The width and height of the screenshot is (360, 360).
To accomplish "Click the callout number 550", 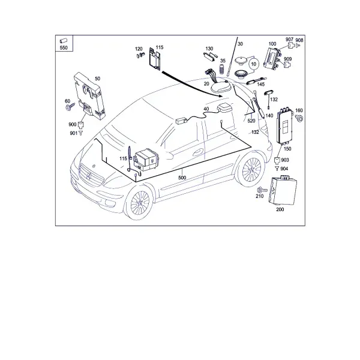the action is click(64, 48).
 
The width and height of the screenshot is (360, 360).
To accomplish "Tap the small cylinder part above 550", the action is click(63, 41).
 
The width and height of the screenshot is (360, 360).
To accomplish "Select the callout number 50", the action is click(98, 79).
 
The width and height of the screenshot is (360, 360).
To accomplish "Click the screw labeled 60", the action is click(70, 106).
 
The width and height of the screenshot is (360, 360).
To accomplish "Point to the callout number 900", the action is click(73, 124).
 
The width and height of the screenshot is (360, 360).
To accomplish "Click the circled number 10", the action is click(253, 64).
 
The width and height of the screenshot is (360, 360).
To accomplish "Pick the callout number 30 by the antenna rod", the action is click(240, 44).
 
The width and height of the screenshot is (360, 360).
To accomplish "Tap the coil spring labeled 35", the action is click(222, 69).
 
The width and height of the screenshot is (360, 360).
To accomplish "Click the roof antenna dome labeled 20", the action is click(220, 86).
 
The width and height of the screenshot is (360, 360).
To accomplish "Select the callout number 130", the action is click(209, 49).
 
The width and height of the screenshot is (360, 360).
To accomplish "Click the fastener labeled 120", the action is click(140, 55).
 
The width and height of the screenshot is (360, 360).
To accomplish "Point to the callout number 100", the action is click(272, 44).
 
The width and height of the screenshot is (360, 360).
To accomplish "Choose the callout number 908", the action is click(299, 40).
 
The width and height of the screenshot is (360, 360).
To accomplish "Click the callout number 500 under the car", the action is click(182, 178).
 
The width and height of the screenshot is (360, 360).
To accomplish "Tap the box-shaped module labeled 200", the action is click(283, 190).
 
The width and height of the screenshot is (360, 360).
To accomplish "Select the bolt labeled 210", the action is click(262, 190).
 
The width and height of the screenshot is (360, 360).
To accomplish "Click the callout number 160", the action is click(299, 110).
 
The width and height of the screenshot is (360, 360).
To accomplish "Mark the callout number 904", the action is click(284, 169).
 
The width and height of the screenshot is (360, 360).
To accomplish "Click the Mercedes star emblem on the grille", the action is click(89, 176).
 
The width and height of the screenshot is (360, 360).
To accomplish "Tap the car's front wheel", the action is click(140, 203).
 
